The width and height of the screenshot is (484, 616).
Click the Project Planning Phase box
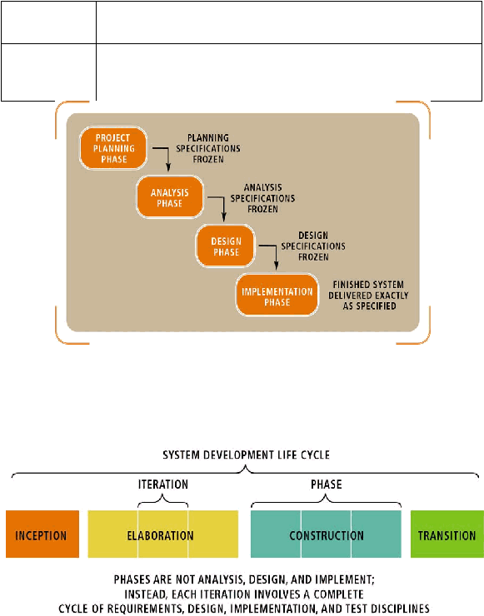[113, 148]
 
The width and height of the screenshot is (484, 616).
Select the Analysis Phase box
[170, 197]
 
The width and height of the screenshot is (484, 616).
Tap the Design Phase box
[226, 246]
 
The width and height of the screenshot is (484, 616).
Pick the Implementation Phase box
[277, 295]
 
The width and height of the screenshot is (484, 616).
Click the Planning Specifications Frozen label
[208, 148]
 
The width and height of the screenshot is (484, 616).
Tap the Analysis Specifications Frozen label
[262, 198]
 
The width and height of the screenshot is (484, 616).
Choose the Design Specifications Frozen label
[313, 246]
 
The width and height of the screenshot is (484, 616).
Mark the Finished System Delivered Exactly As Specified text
[368, 295]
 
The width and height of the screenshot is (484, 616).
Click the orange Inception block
[42, 534]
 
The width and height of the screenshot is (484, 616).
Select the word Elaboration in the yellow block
[161, 535]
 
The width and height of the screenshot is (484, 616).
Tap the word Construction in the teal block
[327, 535]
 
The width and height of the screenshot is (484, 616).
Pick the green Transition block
[447, 534]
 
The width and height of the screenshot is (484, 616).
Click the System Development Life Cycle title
[246, 455]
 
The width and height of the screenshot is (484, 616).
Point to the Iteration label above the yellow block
[162, 484]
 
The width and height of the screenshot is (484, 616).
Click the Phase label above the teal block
[327, 484]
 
